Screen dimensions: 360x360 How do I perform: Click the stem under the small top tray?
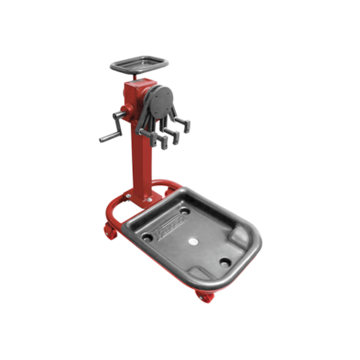pyautogui.click(x=138, y=75)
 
